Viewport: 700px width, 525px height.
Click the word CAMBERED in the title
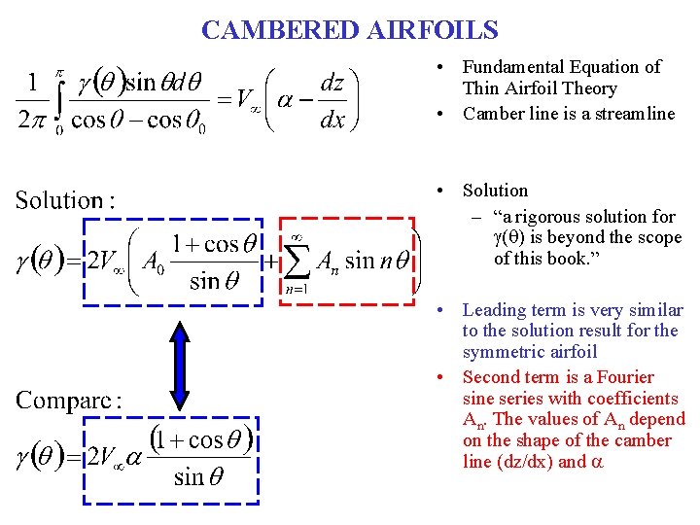[x=280, y=30]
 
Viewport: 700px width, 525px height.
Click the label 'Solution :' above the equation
[x=65, y=201]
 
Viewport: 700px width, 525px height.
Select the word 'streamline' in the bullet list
[x=634, y=114]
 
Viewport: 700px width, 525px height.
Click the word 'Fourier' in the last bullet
[x=624, y=377]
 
